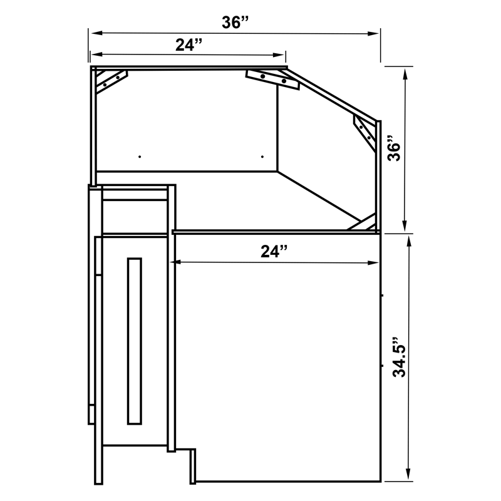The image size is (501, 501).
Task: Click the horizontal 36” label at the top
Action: click(x=235, y=23)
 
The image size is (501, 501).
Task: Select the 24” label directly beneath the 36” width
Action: click(x=189, y=44)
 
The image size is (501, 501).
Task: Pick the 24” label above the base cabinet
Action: click(x=274, y=251)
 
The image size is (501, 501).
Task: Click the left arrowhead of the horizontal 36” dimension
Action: click(x=93, y=33)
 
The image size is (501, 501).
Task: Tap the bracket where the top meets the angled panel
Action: click(x=273, y=78)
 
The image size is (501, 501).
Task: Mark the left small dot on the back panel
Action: click(x=140, y=156)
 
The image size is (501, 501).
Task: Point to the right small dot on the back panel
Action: click(x=262, y=156)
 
